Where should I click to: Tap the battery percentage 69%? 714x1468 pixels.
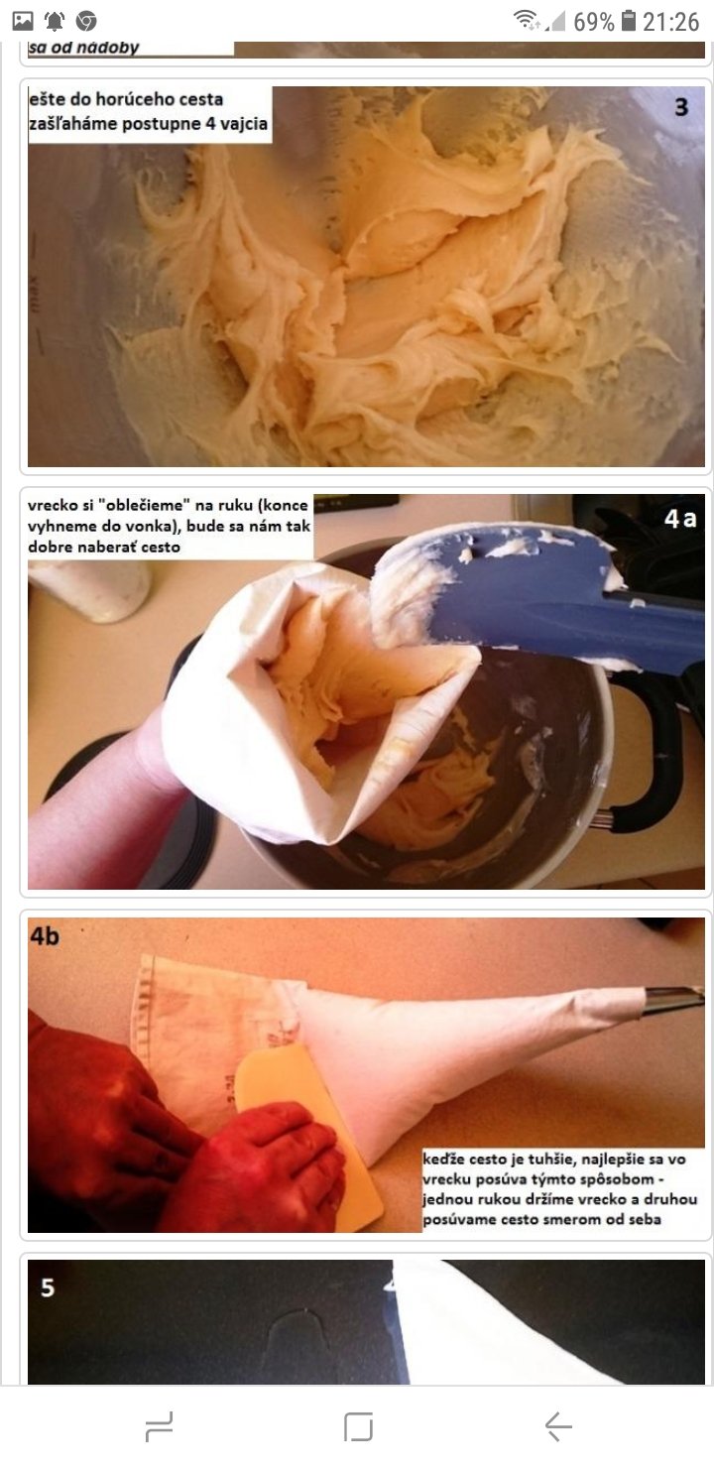click(x=593, y=22)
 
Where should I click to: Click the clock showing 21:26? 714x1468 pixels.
click(x=670, y=22)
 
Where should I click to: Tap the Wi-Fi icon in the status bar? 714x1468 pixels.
click(x=526, y=20)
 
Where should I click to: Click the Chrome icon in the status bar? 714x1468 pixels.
click(x=86, y=22)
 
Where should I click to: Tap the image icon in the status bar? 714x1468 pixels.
click(x=23, y=22)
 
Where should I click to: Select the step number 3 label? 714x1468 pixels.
click(x=681, y=107)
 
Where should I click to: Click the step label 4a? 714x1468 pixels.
click(x=680, y=519)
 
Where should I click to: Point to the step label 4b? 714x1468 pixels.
click(x=45, y=936)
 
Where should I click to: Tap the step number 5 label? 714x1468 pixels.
click(x=48, y=1287)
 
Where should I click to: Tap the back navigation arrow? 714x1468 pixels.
click(x=558, y=1426)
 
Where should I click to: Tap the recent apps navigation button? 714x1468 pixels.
click(x=160, y=1426)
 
